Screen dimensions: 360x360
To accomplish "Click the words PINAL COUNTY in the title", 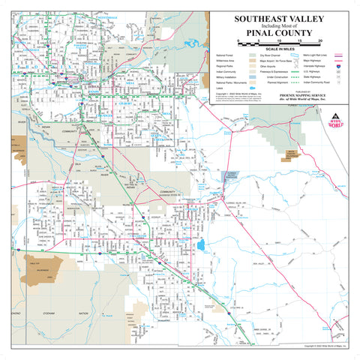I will [x=279, y=32].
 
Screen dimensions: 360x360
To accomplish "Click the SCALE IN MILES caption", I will [x=279, y=49].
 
